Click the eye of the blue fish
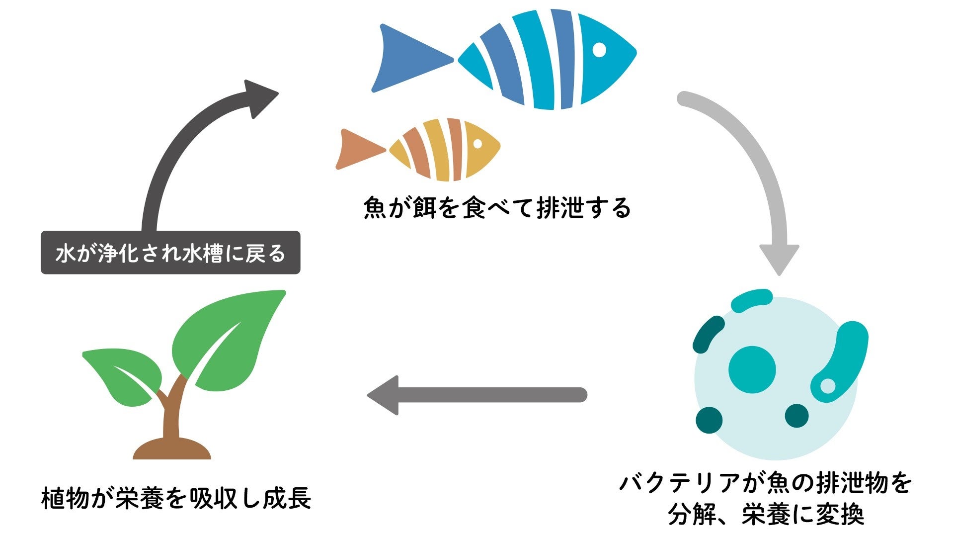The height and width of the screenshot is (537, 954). coord(600,50)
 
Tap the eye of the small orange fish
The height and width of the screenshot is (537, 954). coord(477,144)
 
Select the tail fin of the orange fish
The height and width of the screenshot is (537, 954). coord(357,149)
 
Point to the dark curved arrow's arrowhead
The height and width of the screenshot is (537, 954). coord(260,97)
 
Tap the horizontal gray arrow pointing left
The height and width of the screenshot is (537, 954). coord(477,395)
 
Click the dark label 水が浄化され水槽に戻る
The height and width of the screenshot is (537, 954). coord(170,253)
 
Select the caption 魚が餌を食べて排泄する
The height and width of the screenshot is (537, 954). coord(497,208)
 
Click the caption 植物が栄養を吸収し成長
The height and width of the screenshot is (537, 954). coord(176,498)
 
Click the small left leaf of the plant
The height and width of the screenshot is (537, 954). coord(124,373)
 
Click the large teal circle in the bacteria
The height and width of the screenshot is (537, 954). coord(752,369)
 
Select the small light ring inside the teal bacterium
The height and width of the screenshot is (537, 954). coord(827,385)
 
